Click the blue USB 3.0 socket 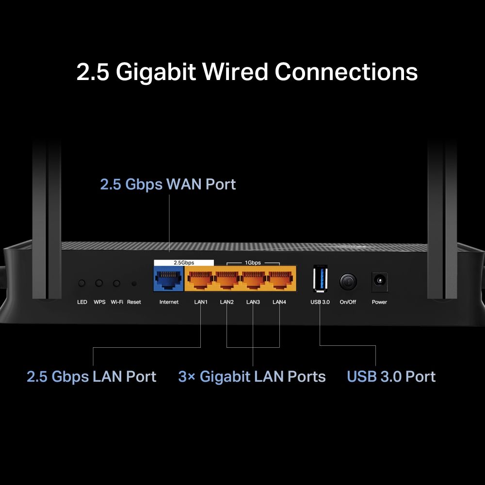(321, 279)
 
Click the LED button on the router (82, 283)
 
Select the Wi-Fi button (116, 283)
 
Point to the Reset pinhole (134, 283)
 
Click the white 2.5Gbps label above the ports (184, 262)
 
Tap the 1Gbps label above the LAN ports (253, 262)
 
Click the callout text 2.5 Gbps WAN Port (168, 184)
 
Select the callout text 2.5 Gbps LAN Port (92, 377)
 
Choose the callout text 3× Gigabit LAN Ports (252, 377)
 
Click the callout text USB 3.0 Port (391, 377)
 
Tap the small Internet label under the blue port (169, 302)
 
